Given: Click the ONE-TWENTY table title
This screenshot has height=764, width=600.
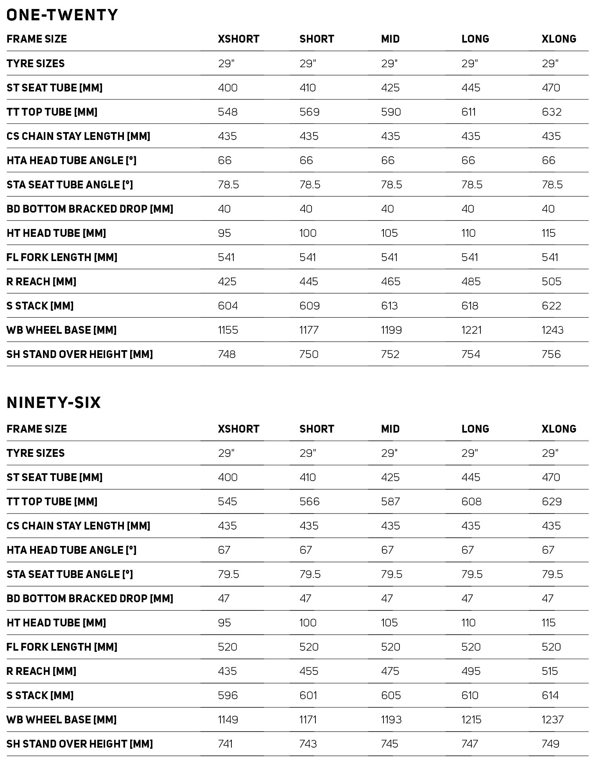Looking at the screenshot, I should [x=62, y=15].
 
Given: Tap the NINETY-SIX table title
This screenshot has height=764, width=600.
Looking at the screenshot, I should [x=54, y=403].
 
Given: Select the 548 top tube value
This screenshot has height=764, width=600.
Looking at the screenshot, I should [x=227, y=112].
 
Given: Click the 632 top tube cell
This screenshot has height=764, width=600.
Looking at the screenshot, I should [x=552, y=112].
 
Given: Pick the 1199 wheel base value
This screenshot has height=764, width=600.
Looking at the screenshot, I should [x=391, y=330].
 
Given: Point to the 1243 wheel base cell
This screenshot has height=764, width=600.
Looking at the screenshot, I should [x=552, y=330].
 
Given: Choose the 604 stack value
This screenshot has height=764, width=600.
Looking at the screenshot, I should [x=228, y=306].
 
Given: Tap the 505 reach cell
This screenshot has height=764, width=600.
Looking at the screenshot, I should [x=552, y=282].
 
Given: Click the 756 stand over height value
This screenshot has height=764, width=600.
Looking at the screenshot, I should [x=551, y=354].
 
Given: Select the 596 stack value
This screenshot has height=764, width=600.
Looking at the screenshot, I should [x=228, y=696].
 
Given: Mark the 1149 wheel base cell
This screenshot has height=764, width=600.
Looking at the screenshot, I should [x=228, y=720].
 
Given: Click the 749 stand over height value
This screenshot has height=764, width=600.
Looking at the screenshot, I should [x=551, y=744].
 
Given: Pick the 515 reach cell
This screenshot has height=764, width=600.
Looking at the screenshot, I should [x=550, y=671].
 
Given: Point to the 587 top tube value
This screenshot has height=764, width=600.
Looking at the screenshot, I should [x=390, y=502].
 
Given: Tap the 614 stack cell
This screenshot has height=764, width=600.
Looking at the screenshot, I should [x=550, y=696].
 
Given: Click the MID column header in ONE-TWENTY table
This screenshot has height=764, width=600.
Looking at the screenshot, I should [x=390, y=39].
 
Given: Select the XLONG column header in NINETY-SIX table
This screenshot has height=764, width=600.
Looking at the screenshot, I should [x=559, y=429].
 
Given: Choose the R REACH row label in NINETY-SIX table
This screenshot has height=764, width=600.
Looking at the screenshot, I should [x=41, y=671].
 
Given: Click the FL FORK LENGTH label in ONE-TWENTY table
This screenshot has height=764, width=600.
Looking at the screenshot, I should [x=62, y=258].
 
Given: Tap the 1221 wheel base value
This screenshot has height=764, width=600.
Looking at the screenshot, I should [x=471, y=330].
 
